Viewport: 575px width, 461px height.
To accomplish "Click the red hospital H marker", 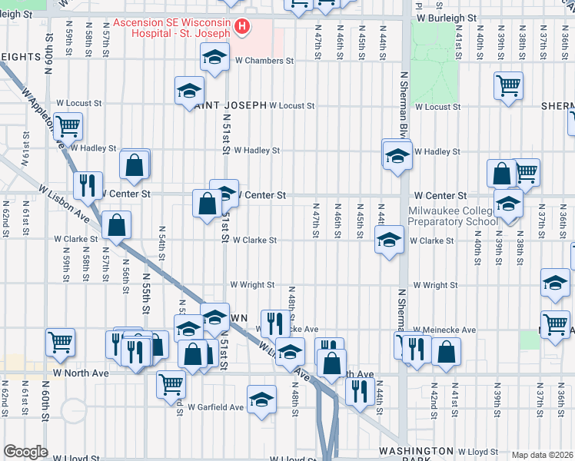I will (242, 28).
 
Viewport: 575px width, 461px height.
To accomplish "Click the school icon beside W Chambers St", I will (215, 56).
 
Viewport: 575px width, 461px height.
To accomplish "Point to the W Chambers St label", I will (264, 61).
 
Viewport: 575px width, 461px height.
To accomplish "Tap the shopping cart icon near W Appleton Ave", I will (68, 124).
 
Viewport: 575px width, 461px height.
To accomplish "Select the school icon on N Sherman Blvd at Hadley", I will (397, 156).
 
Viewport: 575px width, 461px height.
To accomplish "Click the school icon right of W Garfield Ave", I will (261, 400).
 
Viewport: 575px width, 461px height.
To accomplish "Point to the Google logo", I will (26, 452).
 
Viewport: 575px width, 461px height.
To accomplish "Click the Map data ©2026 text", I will (543, 455).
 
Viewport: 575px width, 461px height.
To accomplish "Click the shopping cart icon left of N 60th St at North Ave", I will (60, 343).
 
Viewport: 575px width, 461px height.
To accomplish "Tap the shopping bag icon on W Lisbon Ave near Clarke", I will (116, 225).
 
